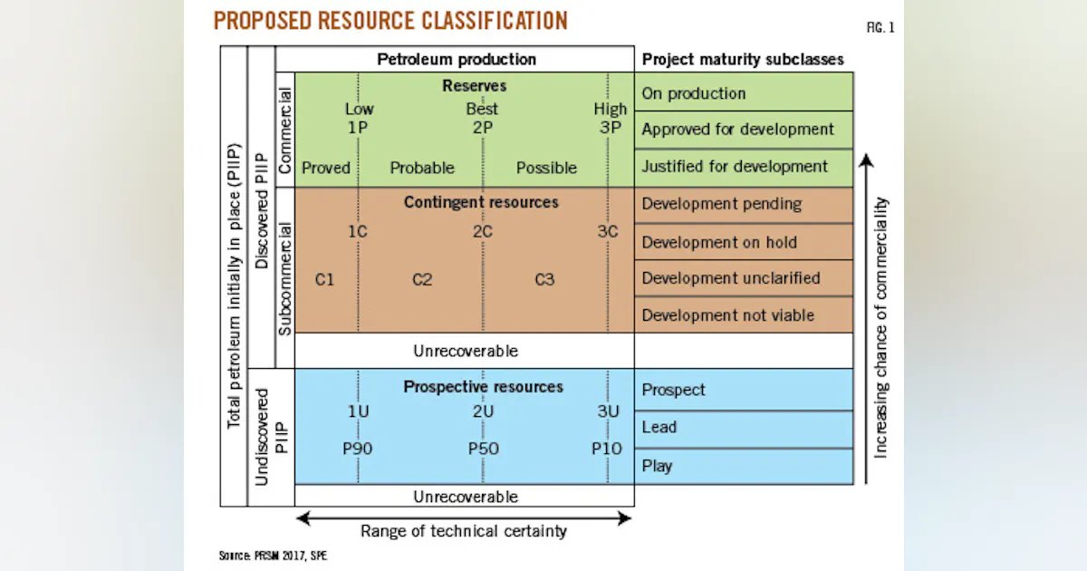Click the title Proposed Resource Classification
click(390, 21)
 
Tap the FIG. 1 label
click(880, 28)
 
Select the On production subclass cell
click(744, 93)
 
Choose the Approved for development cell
click(744, 130)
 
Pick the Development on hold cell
click(744, 242)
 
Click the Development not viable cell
click(744, 315)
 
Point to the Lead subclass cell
click(744, 427)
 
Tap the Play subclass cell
click(744, 466)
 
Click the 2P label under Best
click(482, 127)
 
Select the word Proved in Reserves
click(326, 168)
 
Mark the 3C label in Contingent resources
click(607, 231)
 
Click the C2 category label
click(422, 279)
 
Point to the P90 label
click(357, 448)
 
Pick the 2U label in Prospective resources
click(482, 411)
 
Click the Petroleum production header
click(456, 60)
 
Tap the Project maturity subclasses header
click(743, 60)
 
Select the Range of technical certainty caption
click(463, 531)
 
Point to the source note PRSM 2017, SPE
click(273, 555)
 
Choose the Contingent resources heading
click(481, 201)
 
